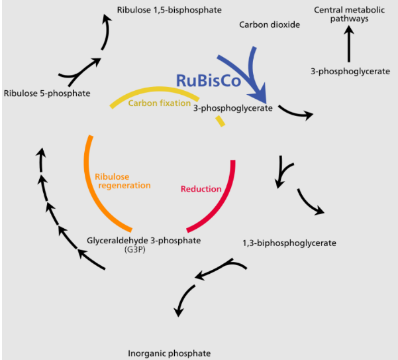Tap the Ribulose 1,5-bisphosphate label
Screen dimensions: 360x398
click(169, 10)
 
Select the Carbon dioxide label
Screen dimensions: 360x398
click(270, 25)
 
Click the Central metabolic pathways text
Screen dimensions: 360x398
click(350, 15)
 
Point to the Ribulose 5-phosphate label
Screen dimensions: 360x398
click(46, 93)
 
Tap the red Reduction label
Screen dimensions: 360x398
click(201, 189)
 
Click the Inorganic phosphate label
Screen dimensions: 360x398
click(170, 353)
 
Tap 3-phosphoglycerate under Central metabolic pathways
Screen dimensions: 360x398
click(350, 70)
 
